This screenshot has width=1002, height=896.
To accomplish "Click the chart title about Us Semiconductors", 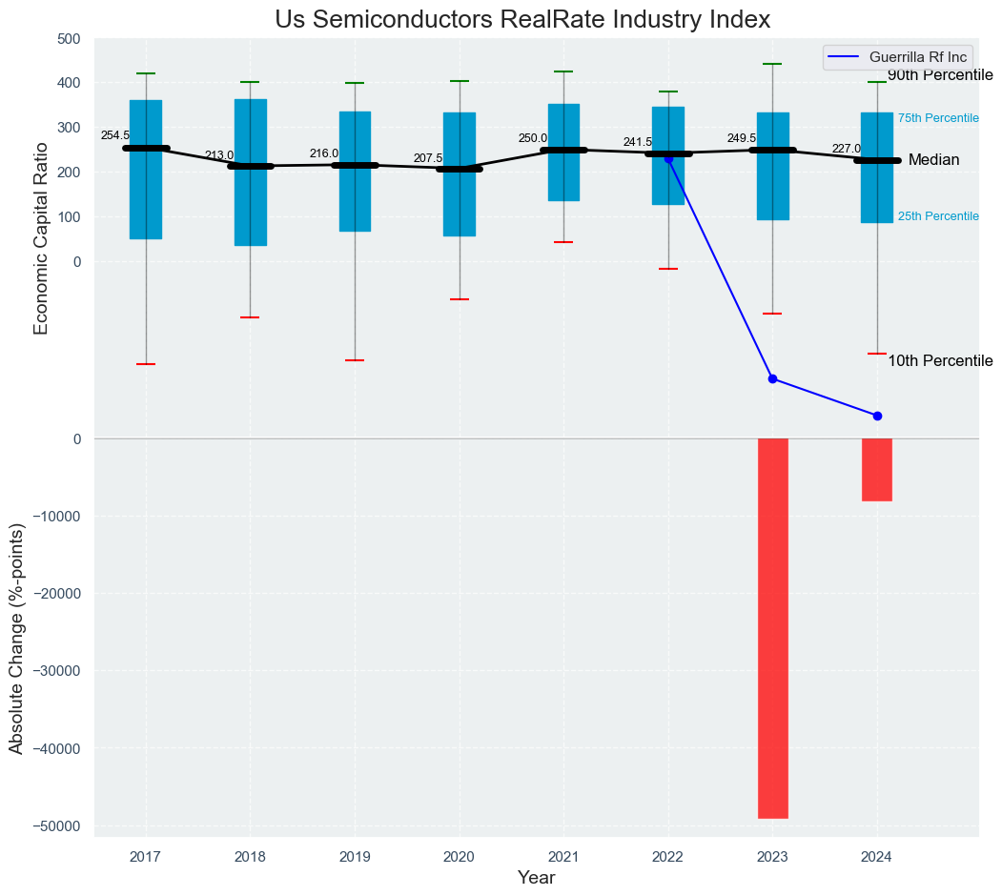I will (x=522, y=20).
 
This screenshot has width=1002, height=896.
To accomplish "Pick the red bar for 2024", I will (x=877, y=469).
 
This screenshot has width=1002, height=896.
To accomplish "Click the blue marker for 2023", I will (x=772, y=378).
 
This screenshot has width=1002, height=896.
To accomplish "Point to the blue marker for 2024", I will (x=877, y=416).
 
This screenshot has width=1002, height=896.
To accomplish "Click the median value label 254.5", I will (x=115, y=136).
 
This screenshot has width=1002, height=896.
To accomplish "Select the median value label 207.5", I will (x=428, y=158).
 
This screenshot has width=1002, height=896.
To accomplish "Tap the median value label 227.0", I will (x=846, y=149).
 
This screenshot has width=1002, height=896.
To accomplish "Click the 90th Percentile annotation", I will (x=940, y=75).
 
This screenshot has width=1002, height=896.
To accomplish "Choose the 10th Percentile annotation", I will (x=940, y=361).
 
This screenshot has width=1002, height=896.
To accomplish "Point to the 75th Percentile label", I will (x=938, y=118).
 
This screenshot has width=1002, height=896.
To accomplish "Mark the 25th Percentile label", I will (x=938, y=216).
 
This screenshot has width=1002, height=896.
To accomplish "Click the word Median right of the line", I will (x=933, y=160).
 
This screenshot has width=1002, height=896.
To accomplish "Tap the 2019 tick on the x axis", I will (x=355, y=856).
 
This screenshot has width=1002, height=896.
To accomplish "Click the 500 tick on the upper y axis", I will (x=69, y=39).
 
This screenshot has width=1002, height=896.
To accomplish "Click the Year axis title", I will (x=536, y=877).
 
